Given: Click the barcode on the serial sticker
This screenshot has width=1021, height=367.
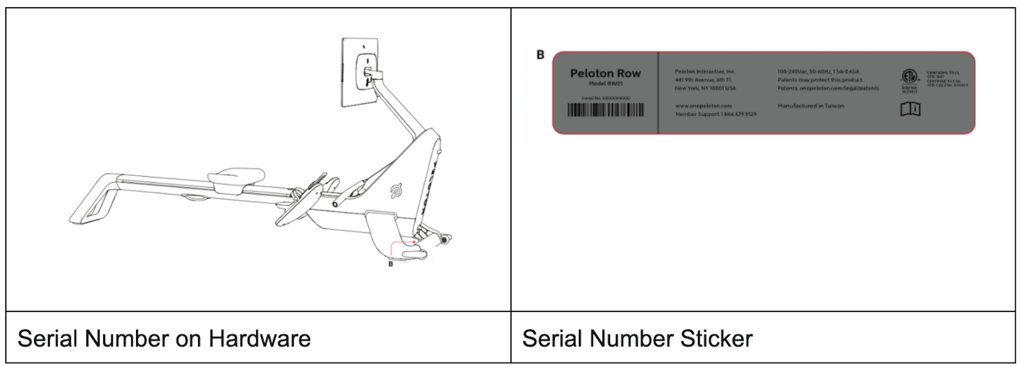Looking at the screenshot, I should click(x=605, y=110).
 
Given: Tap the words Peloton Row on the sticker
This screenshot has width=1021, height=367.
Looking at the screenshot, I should click(x=605, y=73).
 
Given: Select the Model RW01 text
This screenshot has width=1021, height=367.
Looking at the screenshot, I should click(x=605, y=83).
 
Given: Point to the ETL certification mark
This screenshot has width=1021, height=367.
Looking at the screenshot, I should click(x=909, y=76).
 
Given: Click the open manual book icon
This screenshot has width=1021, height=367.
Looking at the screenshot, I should click(x=910, y=109).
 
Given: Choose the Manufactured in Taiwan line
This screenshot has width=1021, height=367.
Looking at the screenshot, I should click(x=811, y=105).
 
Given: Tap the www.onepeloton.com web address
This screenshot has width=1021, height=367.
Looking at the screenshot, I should click(x=703, y=105).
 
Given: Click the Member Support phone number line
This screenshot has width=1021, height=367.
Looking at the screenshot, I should click(x=715, y=114).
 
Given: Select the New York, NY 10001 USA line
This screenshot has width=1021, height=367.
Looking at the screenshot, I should click(x=705, y=88).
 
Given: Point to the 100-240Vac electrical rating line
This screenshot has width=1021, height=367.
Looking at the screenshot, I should click(x=818, y=71).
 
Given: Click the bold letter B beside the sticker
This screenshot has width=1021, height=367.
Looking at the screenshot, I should click(x=540, y=55).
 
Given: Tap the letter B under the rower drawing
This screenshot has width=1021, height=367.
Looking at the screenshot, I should click(x=390, y=264).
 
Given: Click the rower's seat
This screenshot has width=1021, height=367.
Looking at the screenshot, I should click(x=236, y=177).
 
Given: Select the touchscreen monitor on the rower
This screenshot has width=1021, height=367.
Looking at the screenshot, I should click(x=360, y=72).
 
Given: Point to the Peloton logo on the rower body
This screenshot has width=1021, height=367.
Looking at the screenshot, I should click(x=397, y=191).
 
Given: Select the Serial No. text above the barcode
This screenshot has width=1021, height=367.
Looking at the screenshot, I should click(x=606, y=98).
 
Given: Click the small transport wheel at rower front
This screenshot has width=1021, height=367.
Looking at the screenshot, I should click(x=444, y=240).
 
